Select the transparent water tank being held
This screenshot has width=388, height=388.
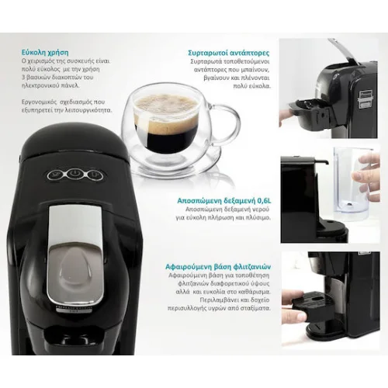345,182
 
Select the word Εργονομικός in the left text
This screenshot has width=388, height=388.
47,102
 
